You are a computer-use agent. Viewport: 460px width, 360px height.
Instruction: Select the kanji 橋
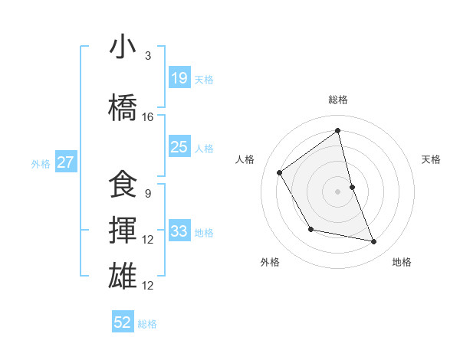coord(123,108)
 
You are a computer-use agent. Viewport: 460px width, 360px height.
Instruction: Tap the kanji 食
coord(123,185)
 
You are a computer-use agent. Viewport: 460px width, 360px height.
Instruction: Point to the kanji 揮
coord(123,231)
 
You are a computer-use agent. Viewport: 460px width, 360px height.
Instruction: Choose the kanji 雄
coord(123,277)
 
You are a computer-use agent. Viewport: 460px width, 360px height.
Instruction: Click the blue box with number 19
coord(179,78)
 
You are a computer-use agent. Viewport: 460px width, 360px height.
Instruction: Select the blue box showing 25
coord(179,147)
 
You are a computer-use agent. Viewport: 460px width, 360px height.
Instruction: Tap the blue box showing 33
coord(179,231)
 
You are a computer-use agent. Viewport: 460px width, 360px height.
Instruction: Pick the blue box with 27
coord(66,162)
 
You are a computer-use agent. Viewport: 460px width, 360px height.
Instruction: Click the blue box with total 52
coord(123,322)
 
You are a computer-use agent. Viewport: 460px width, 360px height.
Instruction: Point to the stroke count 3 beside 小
coord(148,56)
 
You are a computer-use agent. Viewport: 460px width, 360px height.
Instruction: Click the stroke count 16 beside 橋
coord(148,117)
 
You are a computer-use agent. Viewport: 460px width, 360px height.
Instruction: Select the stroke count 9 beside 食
coord(148,194)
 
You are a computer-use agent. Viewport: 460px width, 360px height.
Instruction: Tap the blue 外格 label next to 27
coord(41,163)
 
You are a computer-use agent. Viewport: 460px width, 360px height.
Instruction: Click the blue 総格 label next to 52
coord(147,323)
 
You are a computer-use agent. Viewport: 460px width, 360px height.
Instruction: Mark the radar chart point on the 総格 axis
coord(337,131)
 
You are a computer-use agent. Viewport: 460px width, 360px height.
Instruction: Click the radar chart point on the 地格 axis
coord(374,242)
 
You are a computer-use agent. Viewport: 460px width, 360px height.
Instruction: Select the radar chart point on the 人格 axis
coord(280,172)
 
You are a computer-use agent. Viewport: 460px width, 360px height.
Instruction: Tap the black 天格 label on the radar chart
coord(432,159)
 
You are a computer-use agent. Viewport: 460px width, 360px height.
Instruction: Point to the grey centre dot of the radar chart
coord(337,191)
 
